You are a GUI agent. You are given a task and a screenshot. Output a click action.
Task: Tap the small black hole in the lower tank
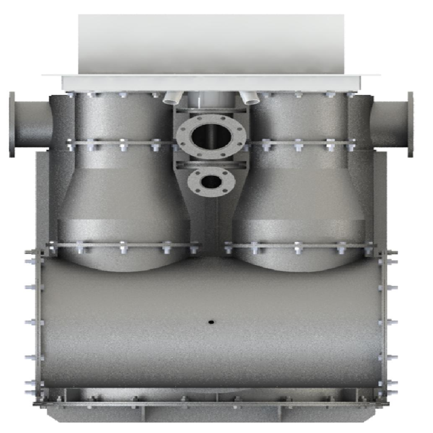click(x=211, y=322)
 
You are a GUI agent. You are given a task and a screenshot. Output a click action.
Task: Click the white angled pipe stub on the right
click(x=250, y=98)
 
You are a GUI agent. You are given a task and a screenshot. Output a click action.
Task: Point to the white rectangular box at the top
click(x=211, y=43)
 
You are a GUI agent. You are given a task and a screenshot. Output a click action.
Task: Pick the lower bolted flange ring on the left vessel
click(x=123, y=246)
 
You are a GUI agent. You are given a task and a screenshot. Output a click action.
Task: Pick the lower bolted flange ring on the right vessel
click(x=299, y=246)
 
